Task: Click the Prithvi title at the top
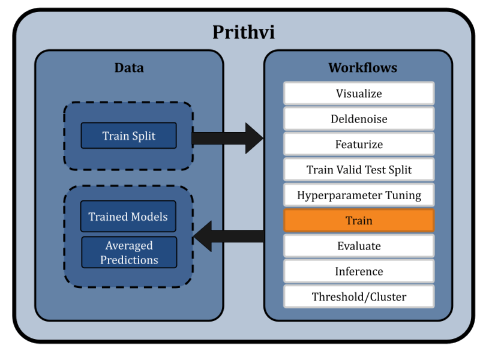pyautogui.click(x=244, y=32)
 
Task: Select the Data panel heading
pyautogui.click(x=129, y=68)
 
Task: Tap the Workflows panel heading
pyautogui.click(x=362, y=68)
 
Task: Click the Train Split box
pyautogui.click(x=129, y=136)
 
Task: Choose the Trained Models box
pyautogui.click(x=128, y=217)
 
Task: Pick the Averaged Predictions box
pyautogui.click(x=129, y=253)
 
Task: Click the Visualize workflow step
pyautogui.click(x=359, y=94)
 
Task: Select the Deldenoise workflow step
pyautogui.click(x=359, y=119)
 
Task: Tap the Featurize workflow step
pyautogui.click(x=359, y=145)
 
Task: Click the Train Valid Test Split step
pyautogui.click(x=359, y=170)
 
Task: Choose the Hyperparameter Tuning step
pyautogui.click(x=359, y=196)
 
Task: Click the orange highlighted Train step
pyautogui.click(x=359, y=221)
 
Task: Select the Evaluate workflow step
pyautogui.click(x=359, y=246)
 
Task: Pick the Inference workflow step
pyautogui.click(x=359, y=272)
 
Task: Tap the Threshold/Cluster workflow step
pyautogui.click(x=359, y=297)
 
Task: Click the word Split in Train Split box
pyautogui.click(x=144, y=136)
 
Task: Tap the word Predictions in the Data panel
pyautogui.click(x=129, y=260)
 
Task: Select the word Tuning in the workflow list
pyautogui.click(x=403, y=196)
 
